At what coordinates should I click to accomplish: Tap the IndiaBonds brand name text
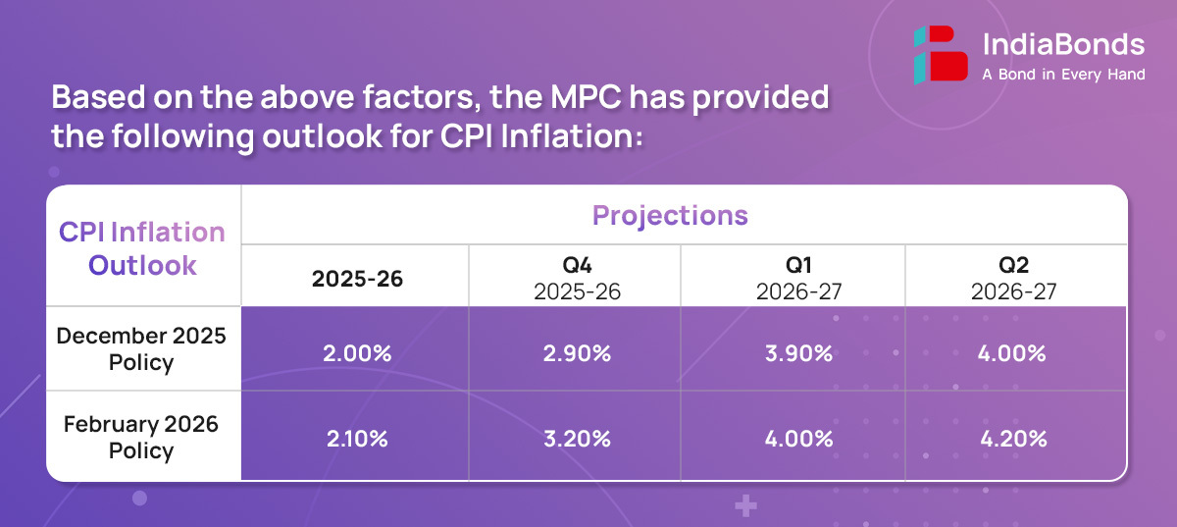coord(1062,44)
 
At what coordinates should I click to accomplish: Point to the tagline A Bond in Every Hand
coord(1063,75)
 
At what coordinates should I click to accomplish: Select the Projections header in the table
coord(670,216)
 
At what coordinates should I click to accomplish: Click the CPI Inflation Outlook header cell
coord(143,248)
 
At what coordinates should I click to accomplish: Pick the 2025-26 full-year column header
coord(357,279)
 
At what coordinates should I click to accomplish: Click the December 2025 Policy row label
coord(141,348)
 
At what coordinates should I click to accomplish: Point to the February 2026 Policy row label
coord(141,437)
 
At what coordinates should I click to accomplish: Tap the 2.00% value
coord(358,353)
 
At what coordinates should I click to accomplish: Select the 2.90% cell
coord(576,353)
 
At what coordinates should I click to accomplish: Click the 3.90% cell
coord(799,353)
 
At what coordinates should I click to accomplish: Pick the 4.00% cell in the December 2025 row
coord(1014,353)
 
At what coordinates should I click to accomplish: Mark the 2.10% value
coord(358,439)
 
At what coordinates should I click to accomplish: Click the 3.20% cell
coord(576,439)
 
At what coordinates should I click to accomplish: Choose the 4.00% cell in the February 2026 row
coord(799,439)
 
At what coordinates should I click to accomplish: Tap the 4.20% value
coord(1014,439)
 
